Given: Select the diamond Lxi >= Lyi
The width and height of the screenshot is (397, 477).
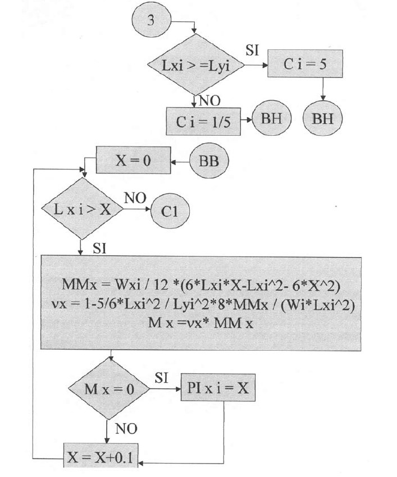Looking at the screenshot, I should pyautogui.click(x=194, y=65).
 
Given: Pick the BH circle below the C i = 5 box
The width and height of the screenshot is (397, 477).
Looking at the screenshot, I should pyautogui.click(x=322, y=119).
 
